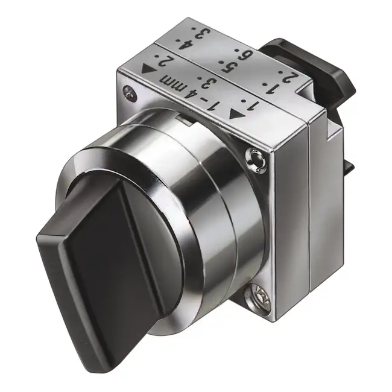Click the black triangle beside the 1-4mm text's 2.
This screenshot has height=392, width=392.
148,69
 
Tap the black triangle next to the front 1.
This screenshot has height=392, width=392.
236,113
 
